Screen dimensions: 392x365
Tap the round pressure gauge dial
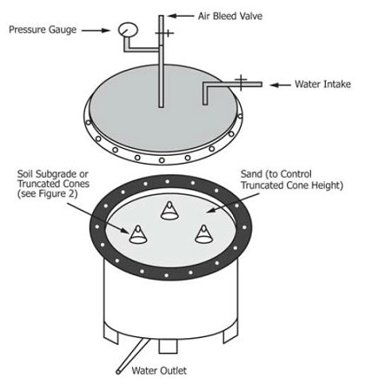[128, 29]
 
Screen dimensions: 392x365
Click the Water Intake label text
[317, 84]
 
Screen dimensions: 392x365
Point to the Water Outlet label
[160, 369]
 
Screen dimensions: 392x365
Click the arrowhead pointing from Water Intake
[272, 84]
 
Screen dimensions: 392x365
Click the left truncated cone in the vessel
[138, 233]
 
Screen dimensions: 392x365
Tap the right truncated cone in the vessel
[203, 232]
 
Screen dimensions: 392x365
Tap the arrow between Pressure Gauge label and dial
[97, 29]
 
